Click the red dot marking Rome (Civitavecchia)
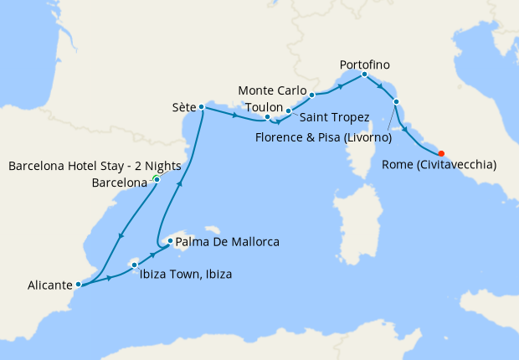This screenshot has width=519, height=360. point(441,153)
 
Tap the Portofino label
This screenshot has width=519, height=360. point(364,64)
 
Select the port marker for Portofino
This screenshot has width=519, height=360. point(364,75)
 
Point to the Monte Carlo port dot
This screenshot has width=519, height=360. point(311,95)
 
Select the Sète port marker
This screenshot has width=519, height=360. point(202,107)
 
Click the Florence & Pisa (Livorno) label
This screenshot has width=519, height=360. point(325,137)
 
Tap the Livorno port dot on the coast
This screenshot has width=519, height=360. point(396,102)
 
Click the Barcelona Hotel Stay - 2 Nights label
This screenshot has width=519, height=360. point(95,166)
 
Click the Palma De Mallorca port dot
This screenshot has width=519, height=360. point(170,242)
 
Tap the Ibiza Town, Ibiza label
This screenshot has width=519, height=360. point(186,274)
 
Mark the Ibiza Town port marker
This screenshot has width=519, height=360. point(134,265)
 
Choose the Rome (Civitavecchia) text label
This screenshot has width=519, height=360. point(439,165)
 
